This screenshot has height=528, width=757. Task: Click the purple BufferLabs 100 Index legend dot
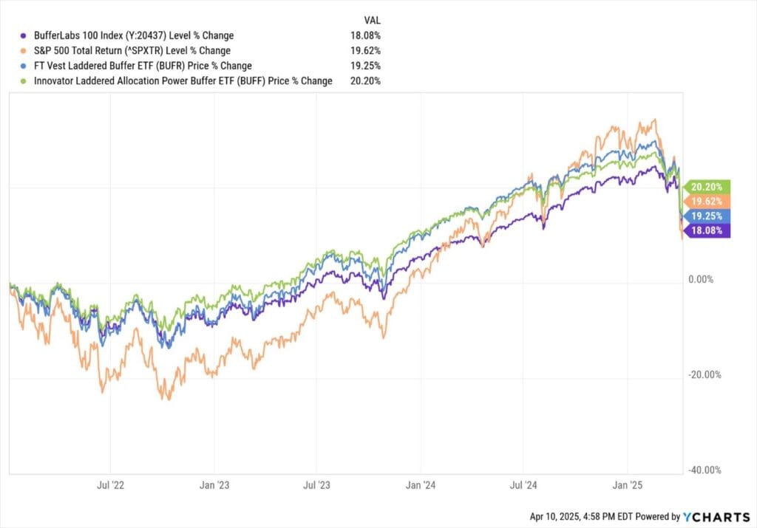[23, 35]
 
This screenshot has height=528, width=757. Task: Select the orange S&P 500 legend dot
[23, 51]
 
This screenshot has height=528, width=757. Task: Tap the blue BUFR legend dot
[23, 66]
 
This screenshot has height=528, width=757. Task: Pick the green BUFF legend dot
[23, 81]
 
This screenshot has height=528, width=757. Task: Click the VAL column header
[372, 20]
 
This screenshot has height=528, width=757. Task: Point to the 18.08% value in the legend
[365, 35]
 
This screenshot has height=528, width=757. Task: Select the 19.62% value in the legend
[365, 51]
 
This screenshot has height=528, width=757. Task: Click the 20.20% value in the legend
[365, 81]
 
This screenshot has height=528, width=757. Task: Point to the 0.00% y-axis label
[701, 280]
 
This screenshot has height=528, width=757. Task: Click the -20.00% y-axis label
[705, 374]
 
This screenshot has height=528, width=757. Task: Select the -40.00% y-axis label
[705, 470]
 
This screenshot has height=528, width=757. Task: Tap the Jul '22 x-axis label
[111, 485]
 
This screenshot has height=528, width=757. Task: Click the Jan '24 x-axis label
[421, 485]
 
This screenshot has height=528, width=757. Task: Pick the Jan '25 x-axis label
[627, 485]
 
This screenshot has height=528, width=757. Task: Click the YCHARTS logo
[716, 517]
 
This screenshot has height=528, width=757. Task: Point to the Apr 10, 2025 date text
[555, 517]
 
